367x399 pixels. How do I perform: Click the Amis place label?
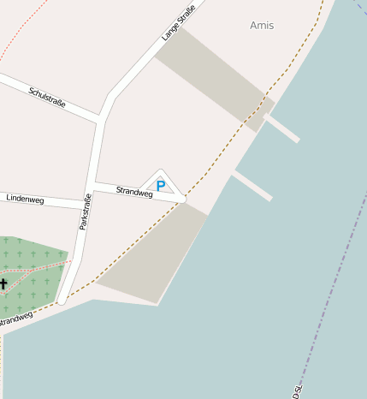click(262, 26)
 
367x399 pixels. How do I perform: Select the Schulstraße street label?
click(47, 97)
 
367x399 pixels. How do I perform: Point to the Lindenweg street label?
click(25, 199)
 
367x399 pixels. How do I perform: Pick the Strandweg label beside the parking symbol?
click(134, 193)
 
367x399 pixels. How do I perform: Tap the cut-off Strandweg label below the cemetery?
click(15, 319)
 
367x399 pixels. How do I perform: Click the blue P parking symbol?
click(160, 186)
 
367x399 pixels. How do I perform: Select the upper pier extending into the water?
click(282, 128)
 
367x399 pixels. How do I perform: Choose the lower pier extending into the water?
click(252, 186)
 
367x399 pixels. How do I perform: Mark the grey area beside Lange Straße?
click(213, 78)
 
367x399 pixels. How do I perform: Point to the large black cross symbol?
click(3, 283)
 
